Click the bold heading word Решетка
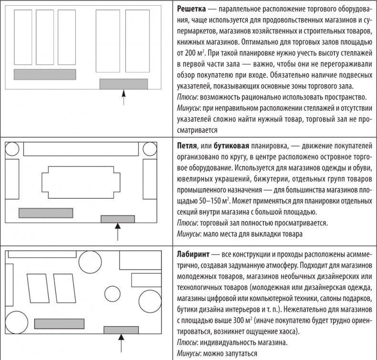(192, 10)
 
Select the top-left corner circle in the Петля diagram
(11, 149)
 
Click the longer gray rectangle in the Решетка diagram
(45, 74)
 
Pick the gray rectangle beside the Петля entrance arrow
(117, 219)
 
